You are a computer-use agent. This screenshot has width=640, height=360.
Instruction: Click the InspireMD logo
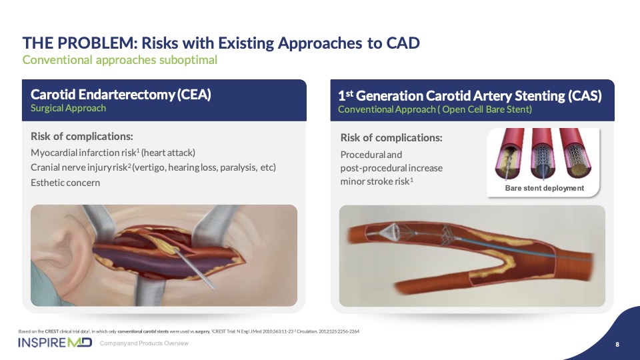[x=55, y=343]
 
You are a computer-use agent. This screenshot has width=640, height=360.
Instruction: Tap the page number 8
[x=617, y=345]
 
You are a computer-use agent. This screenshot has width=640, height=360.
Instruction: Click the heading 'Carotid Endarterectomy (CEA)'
[x=121, y=94]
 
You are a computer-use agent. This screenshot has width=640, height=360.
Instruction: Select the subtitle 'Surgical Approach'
[x=68, y=108]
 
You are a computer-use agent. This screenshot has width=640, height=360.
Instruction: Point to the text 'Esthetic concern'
[x=65, y=183]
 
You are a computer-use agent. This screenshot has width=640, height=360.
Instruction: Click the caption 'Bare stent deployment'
[x=545, y=188]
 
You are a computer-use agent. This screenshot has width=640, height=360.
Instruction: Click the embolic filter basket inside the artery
[x=387, y=232]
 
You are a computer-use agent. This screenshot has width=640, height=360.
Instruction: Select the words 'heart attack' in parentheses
[x=168, y=153]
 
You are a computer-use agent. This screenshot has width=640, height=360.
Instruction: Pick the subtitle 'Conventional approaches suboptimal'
[x=119, y=60]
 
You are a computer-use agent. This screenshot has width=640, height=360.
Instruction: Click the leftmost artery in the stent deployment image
[x=509, y=154]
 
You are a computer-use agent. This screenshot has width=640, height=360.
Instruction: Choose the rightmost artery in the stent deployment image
[x=575, y=154]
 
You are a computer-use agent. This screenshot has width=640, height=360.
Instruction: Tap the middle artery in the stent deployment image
[x=543, y=154]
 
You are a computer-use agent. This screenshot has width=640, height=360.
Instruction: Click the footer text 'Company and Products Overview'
[x=144, y=343]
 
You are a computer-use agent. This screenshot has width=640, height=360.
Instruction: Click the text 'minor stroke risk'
[x=375, y=181]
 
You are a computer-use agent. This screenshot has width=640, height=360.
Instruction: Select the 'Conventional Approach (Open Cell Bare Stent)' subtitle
[x=435, y=109]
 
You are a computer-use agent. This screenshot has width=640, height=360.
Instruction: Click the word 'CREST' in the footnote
[x=52, y=331]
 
